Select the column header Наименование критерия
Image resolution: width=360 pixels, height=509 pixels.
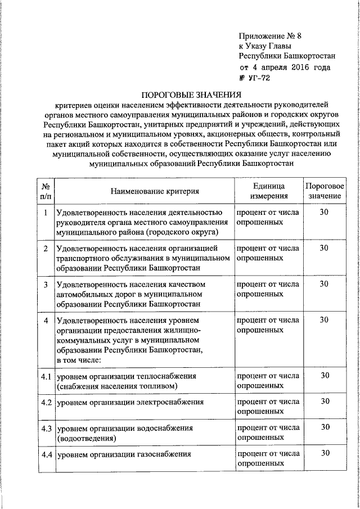tap(155, 191)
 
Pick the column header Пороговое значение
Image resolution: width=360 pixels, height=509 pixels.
tap(324, 191)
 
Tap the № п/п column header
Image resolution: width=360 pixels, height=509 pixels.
tap(46, 191)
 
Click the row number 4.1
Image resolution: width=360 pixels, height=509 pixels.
tap(46, 376)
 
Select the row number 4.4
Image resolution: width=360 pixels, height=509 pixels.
tap(46, 453)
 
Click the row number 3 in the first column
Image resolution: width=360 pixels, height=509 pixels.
tap(46, 284)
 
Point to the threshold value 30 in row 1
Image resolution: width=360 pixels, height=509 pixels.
tap(324, 212)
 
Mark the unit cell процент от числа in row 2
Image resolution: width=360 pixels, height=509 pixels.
tap(268, 248)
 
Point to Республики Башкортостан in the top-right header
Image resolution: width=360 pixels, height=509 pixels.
tap(287, 56)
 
